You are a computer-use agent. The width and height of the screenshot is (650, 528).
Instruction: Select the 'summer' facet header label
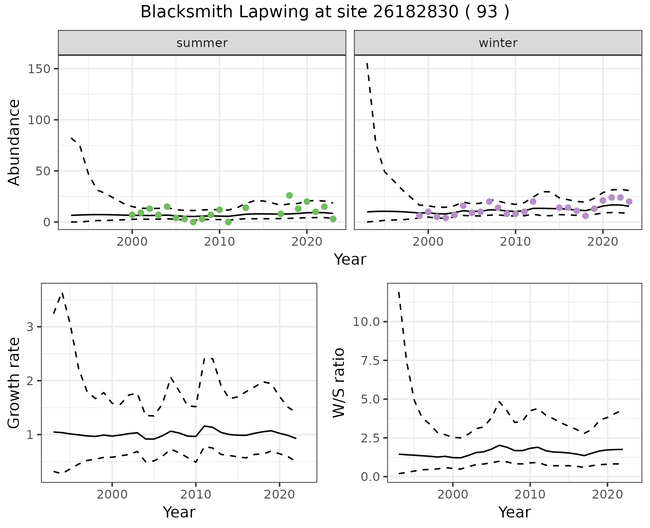pyautogui.click(x=202, y=43)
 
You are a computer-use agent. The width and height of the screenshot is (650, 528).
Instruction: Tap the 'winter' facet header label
pyautogui.click(x=498, y=43)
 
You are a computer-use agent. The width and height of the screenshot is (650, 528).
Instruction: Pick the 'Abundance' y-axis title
pyautogui.click(x=14, y=142)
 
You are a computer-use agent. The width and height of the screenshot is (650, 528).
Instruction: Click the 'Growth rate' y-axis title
pyautogui.click(x=14, y=382)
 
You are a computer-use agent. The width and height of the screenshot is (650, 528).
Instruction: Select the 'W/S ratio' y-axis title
pyautogui.click(x=339, y=382)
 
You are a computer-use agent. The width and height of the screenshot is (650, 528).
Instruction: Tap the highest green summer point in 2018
pyautogui.click(x=289, y=195)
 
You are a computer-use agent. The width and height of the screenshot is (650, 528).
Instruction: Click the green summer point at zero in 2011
pyautogui.click(x=228, y=222)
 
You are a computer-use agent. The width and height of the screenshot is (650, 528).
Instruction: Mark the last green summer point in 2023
pyautogui.click(x=333, y=219)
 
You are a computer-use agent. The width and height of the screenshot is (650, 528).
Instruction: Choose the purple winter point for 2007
pyautogui.click(x=489, y=201)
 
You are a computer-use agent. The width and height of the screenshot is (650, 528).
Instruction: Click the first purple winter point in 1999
pyautogui.click(x=419, y=216)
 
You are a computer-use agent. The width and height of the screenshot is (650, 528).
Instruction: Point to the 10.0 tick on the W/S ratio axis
pyautogui.click(x=366, y=322)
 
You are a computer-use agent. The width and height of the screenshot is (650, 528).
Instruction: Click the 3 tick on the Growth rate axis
pyautogui.click(x=30, y=327)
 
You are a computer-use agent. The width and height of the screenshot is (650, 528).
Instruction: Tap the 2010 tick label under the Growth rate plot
pyautogui.click(x=196, y=494)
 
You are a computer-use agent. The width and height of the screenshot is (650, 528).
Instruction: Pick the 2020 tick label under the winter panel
pyautogui.click(x=603, y=242)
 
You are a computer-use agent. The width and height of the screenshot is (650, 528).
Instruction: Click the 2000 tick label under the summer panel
pyautogui.click(x=132, y=242)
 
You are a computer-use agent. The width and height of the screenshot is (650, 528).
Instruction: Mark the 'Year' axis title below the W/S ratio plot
pyautogui.click(x=514, y=512)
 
